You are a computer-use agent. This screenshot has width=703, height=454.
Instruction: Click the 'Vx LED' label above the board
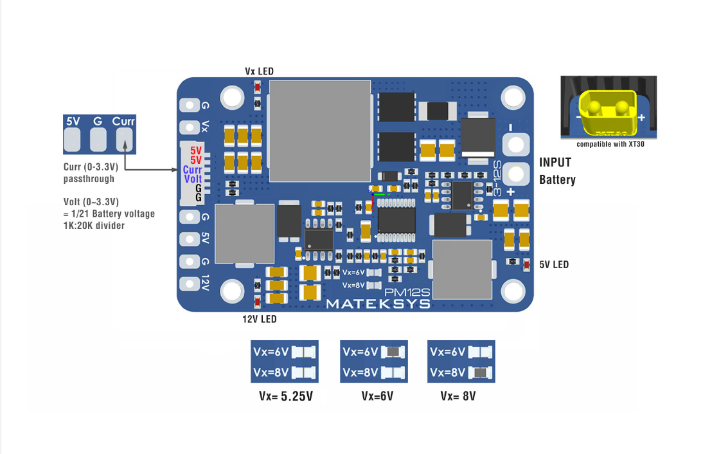(259, 71)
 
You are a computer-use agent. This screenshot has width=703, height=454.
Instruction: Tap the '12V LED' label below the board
(259, 319)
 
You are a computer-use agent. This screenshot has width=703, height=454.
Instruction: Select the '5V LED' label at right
(553, 264)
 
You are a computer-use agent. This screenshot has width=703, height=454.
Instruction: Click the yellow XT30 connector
(607, 111)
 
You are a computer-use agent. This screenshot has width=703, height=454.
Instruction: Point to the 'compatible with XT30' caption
(610, 144)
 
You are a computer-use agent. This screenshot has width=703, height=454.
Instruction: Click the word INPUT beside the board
(555, 163)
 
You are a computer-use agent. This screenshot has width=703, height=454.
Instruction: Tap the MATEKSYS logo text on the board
(378, 304)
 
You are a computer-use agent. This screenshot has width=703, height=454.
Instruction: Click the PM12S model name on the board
(407, 292)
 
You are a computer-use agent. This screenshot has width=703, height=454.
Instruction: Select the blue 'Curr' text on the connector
(193, 170)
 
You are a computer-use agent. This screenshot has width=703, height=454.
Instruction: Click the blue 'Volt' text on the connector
(193, 179)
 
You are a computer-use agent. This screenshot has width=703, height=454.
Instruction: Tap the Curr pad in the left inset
(123, 138)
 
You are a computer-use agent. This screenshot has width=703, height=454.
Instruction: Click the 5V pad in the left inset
(73, 138)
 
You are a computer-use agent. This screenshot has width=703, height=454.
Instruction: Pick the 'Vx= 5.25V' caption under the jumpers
(286, 396)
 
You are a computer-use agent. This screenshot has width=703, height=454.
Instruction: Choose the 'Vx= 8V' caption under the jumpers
(458, 396)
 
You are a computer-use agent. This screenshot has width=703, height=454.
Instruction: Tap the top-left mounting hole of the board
(231, 97)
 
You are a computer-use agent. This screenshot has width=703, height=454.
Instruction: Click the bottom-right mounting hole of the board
(513, 291)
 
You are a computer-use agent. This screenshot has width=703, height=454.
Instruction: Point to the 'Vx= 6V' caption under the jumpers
(377, 396)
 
